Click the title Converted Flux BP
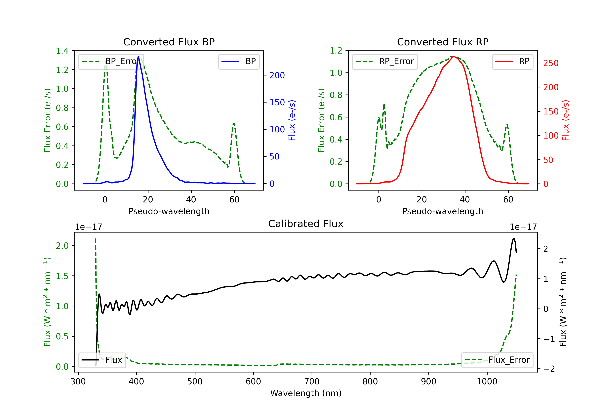pyautogui.click(x=169, y=42)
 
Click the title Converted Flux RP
pyautogui.click(x=443, y=42)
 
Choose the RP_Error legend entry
pyautogui.click(x=385, y=61)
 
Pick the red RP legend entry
pyautogui.click(x=512, y=61)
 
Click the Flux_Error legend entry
pyautogui.click(x=497, y=360)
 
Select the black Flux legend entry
pyautogui.click(x=102, y=360)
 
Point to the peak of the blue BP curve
pyautogui.click(x=138, y=57)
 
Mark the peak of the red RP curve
pyautogui.click(x=453, y=57)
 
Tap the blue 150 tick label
pyautogui.click(x=277, y=102)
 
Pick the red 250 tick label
pyautogui.click(x=551, y=63)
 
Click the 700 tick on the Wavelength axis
pyautogui.click(x=311, y=382)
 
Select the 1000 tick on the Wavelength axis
pyautogui.click(x=487, y=382)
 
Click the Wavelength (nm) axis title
pyautogui.click(x=306, y=393)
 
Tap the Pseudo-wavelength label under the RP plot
pyautogui.click(x=443, y=211)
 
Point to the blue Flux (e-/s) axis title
pyautogui.click(x=292, y=120)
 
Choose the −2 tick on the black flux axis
pyautogui.click(x=549, y=369)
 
